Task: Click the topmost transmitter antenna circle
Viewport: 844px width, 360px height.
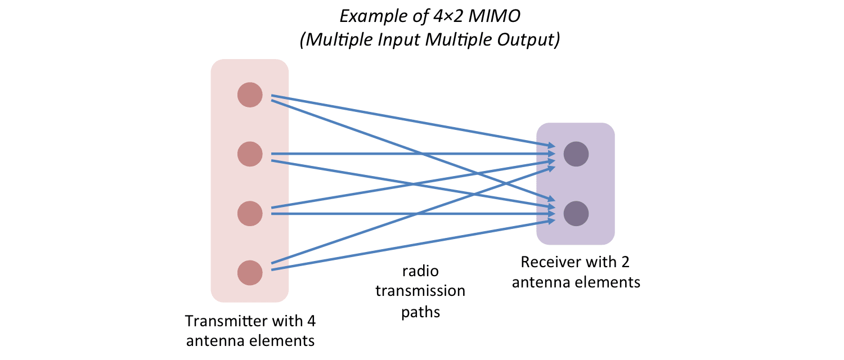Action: pos(250,94)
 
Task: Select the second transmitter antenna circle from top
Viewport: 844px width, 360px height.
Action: pos(250,154)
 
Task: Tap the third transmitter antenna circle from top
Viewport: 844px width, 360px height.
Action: pos(250,214)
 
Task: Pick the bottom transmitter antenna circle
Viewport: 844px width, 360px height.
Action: pos(250,272)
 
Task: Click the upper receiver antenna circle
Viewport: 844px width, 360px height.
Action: pos(576,154)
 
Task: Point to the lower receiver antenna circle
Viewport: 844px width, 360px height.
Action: pos(576,214)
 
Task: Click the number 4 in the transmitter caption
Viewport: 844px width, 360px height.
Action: pos(311,322)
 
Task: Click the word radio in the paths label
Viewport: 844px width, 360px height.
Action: pos(420,272)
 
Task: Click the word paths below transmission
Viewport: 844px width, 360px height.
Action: pos(420,311)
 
